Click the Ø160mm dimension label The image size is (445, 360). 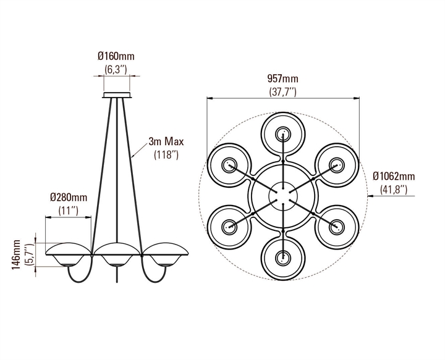pos(116,56)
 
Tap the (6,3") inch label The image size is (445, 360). pos(116,69)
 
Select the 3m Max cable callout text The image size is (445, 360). pos(166,141)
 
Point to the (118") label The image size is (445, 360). pos(166,155)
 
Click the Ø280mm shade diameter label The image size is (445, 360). pos(69,197)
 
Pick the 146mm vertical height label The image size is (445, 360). pos(17,255)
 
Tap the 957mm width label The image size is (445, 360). pos(282,78)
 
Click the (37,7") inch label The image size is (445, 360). pos(282,92)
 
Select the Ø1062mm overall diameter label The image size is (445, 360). pos(394,177)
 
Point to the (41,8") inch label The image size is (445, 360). pos(394,190)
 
